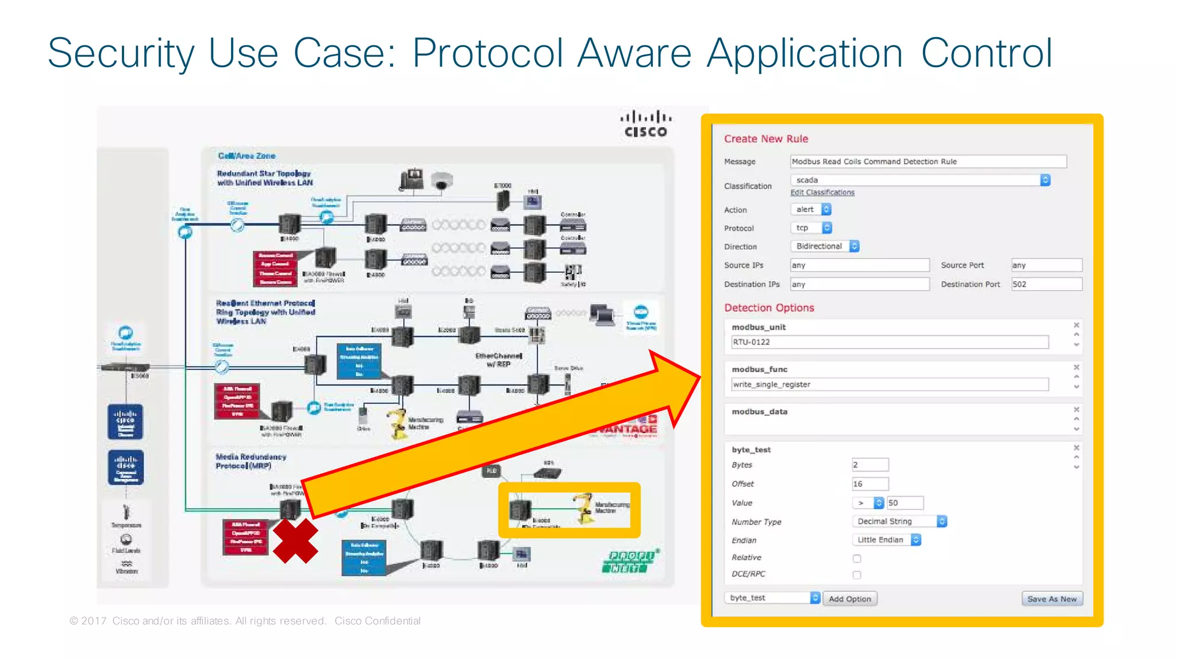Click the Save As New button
coord(1052,598)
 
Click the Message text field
coord(928,161)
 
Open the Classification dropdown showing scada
coord(920,180)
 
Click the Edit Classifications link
coord(822,192)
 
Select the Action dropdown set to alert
coord(811,210)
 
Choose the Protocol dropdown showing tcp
coord(811,228)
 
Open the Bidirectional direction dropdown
coord(825,246)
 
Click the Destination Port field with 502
coord(1046,284)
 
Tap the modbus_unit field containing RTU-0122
coord(889,342)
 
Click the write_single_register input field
coord(889,385)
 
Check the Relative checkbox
coord(857,558)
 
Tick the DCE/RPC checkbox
coord(857,575)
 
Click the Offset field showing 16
coord(870,484)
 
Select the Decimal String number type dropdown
coord(899,521)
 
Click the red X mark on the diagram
coord(295,541)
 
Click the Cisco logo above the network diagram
coord(646,124)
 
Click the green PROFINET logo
coord(629,562)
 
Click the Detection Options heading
coord(769,308)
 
